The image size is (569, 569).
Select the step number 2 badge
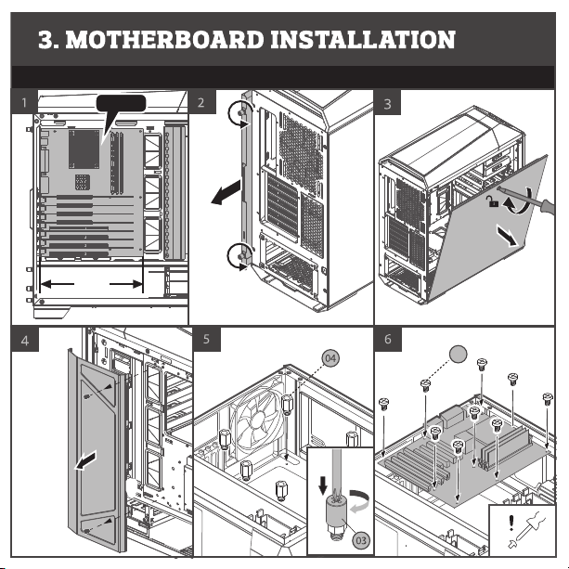point(200,102)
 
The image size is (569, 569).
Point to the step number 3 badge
point(387,102)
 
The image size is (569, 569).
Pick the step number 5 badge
point(207,339)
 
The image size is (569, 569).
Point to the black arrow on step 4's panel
point(85,459)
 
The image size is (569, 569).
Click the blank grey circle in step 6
point(458,354)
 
